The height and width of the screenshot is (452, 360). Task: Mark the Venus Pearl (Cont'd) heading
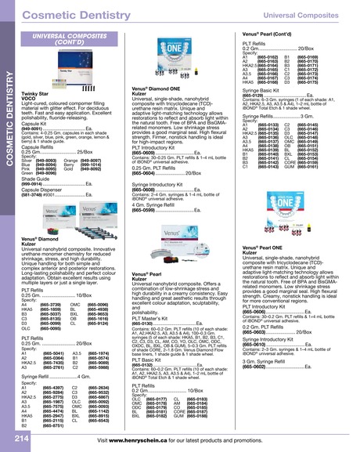[x=273, y=36]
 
